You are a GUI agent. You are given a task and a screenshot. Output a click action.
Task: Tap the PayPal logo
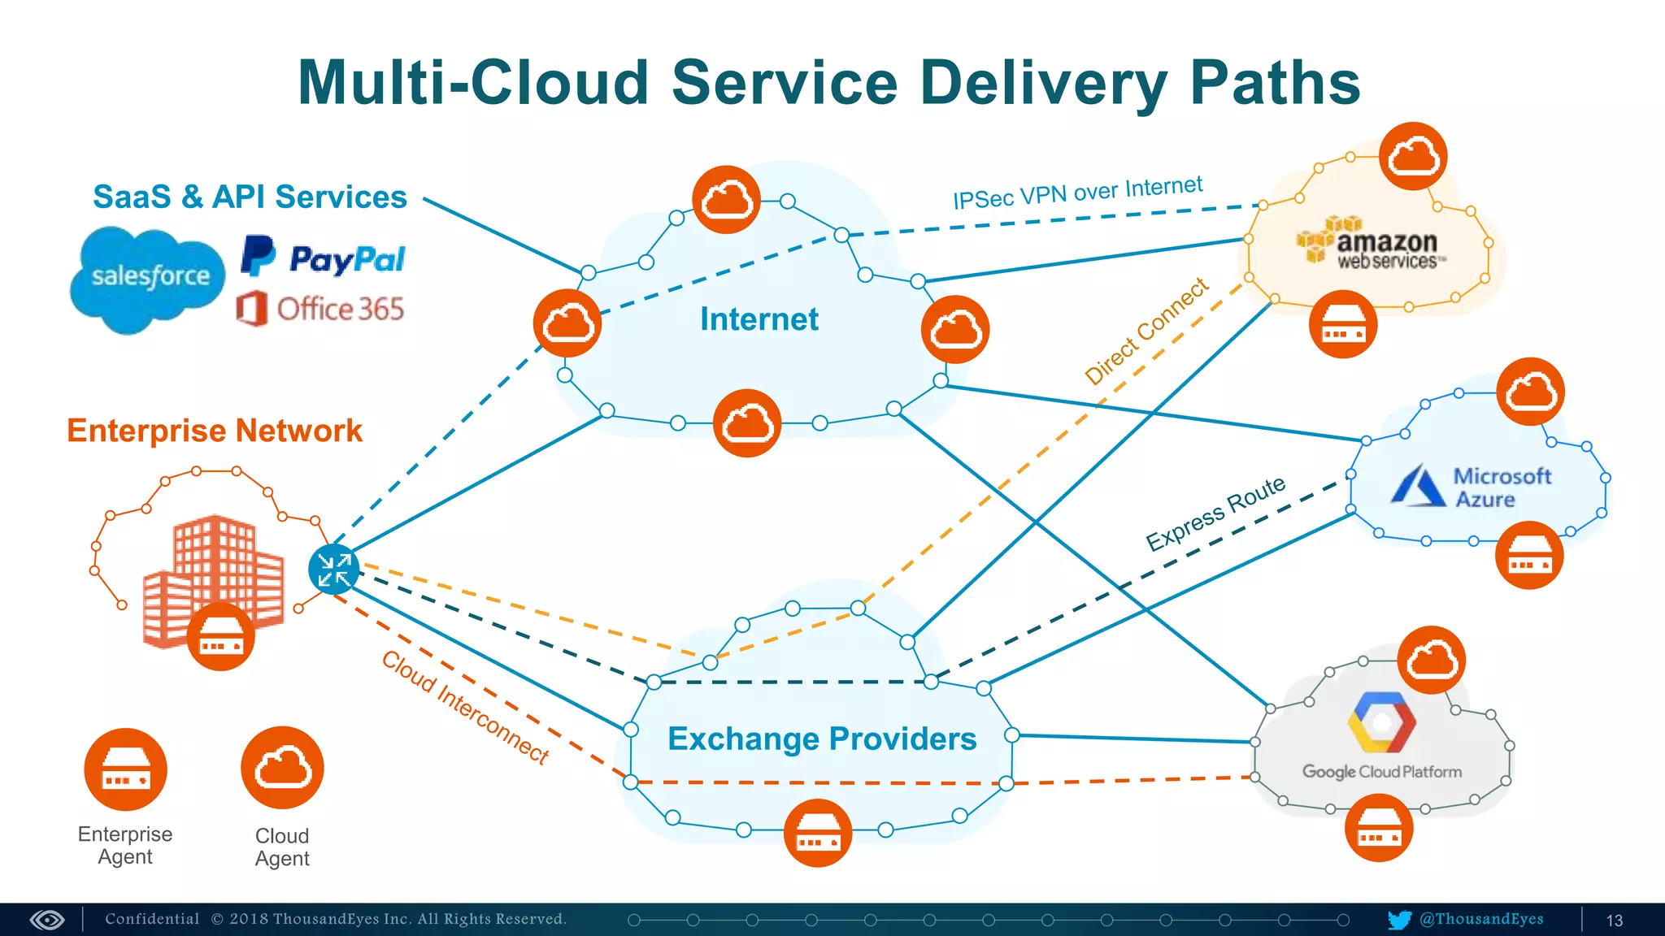(324, 258)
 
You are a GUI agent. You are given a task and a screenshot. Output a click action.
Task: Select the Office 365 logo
(320, 310)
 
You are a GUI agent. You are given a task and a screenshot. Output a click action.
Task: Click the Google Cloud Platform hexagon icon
(1381, 721)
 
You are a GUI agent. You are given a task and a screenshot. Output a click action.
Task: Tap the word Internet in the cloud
(759, 319)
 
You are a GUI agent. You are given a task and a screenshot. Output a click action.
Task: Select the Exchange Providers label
(821, 739)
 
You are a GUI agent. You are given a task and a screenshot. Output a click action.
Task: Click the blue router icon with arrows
(333, 569)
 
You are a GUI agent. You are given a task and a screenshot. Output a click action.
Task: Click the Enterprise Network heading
(215, 431)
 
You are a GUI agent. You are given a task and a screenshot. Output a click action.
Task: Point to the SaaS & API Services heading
(250, 197)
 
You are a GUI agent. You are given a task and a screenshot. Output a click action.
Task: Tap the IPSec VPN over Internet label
(1077, 193)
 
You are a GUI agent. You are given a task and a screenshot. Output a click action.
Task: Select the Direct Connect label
(1146, 330)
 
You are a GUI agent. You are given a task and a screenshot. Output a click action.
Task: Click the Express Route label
(1215, 513)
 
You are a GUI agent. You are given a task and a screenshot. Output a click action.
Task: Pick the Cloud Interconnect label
(466, 707)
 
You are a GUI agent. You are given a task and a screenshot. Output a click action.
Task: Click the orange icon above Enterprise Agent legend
(126, 769)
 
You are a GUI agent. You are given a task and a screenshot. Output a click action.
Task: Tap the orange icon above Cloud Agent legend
(282, 768)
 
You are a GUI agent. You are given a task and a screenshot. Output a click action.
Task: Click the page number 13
(1614, 921)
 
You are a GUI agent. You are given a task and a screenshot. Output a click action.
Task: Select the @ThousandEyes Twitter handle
(1480, 919)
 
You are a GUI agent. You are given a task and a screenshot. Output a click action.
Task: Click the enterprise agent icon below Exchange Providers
(817, 833)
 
